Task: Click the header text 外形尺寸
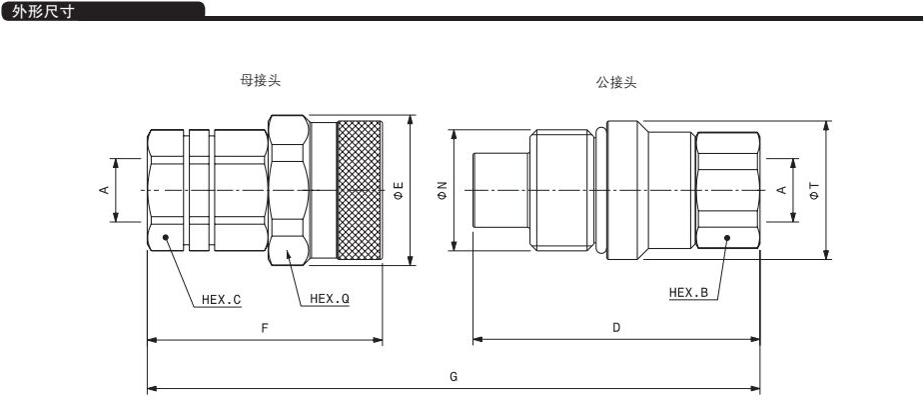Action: [43, 11]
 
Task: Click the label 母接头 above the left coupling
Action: [261, 81]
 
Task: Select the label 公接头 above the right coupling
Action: [616, 83]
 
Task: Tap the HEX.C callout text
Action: [222, 300]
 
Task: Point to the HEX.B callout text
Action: [688, 292]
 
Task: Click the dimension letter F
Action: [265, 328]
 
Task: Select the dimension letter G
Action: [454, 377]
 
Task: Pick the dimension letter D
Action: [616, 328]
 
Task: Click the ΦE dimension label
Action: [399, 190]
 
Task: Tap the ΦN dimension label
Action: [443, 190]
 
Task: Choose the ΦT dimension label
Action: [814, 190]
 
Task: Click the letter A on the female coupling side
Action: [104, 190]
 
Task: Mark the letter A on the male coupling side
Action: [782, 190]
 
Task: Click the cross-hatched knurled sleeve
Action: [359, 190]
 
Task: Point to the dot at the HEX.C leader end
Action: [166, 237]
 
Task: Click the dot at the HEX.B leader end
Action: [727, 237]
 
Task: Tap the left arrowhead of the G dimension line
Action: [152, 389]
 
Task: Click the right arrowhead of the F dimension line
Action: [378, 340]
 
